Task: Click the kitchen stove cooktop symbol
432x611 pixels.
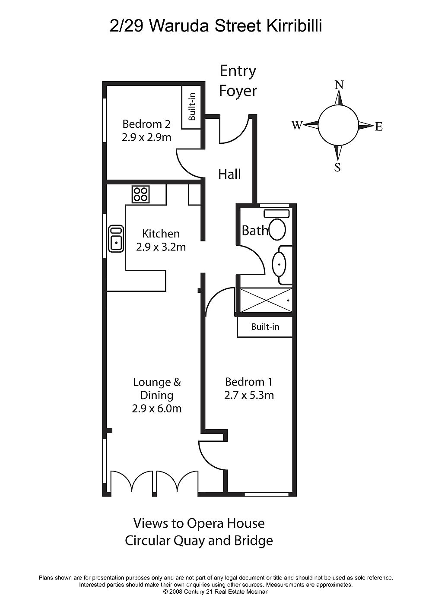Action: (x=140, y=194)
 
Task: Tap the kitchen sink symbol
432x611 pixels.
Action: (x=116, y=238)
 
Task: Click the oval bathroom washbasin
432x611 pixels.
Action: (x=279, y=264)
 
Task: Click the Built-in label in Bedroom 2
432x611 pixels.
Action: (x=192, y=107)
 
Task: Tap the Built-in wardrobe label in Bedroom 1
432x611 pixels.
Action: (x=265, y=327)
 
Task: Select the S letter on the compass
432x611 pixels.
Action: (x=337, y=167)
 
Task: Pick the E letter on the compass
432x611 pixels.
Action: (x=379, y=127)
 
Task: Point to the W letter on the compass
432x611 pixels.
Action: (x=297, y=125)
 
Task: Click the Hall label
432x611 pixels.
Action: (x=229, y=174)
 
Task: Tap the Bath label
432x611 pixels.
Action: (x=255, y=231)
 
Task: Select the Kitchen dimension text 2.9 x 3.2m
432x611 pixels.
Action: (x=161, y=247)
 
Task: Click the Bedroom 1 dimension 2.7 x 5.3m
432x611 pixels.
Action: (x=249, y=395)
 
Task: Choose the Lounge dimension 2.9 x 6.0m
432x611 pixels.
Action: (x=157, y=408)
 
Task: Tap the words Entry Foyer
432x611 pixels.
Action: (x=238, y=81)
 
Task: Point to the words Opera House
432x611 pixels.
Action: (x=226, y=523)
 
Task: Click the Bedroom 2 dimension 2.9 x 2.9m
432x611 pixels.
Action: (x=146, y=137)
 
